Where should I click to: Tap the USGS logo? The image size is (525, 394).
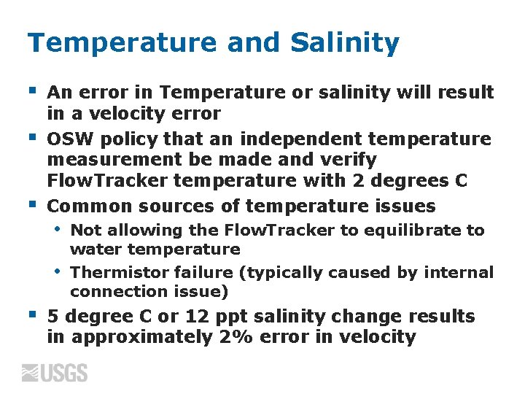pos(55,373)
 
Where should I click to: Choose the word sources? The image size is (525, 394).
pos(174,206)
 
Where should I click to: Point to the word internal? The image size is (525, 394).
pos(462,273)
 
